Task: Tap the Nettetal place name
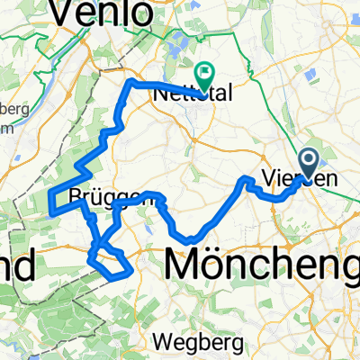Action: pyautogui.click(x=190, y=93)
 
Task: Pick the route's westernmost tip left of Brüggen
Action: pyautogui.click(x=49, y=211)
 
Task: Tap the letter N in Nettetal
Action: pyautogui.click(x=162, y=93)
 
